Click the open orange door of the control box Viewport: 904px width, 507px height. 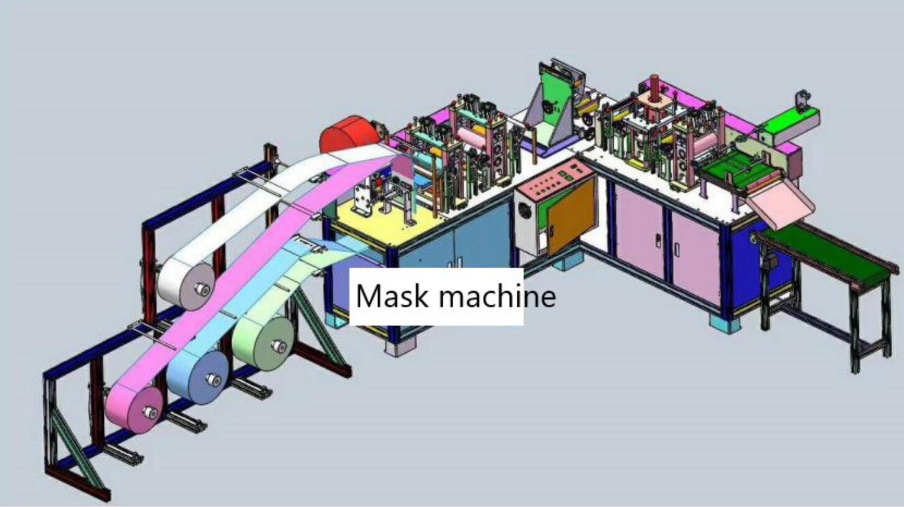pos(572,215)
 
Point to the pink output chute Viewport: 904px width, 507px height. pos(782,203)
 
